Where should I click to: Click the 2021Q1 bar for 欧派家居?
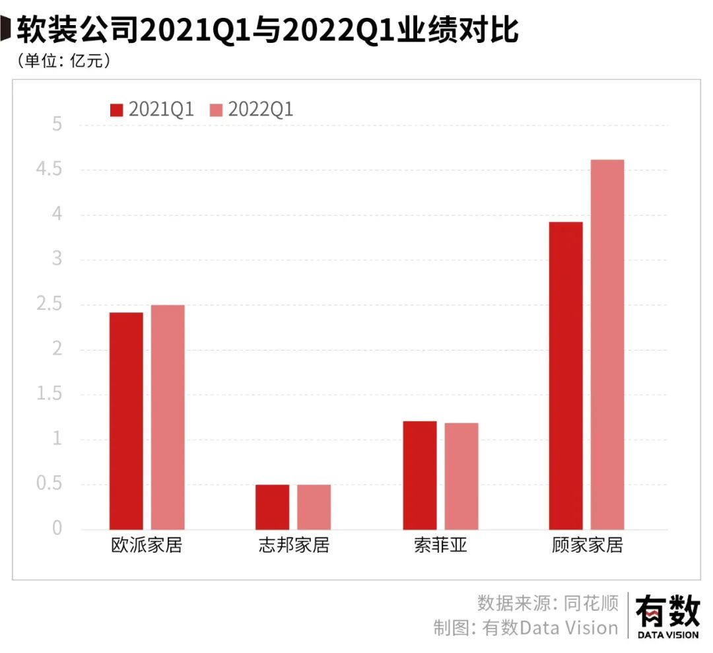click(x=126, y=421)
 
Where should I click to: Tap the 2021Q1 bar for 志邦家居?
click(x=272, y=507)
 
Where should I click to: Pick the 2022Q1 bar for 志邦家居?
click(x=314, y=507)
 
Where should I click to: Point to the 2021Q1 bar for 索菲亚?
click(x=420, y=475)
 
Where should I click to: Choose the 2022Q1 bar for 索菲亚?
click(x=461, y=476)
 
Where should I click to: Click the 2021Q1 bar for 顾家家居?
click(x=566, y=375)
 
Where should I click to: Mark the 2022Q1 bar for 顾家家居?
click(x=607, y=344)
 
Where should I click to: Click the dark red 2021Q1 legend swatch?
click(x=117, y=110)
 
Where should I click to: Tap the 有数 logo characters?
click(x=667, y=610)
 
